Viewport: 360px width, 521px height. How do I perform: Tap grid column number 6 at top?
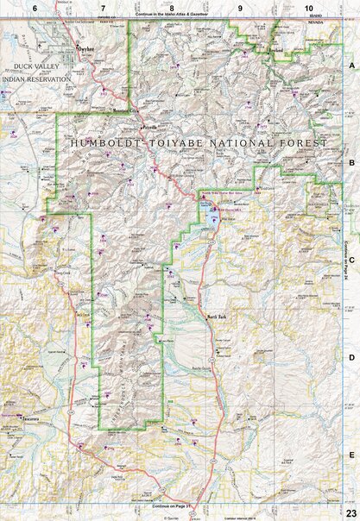[x=35, y=7]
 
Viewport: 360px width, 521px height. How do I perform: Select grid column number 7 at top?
[x=103, y=7]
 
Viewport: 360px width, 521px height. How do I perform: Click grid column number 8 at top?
[x=172, y=7]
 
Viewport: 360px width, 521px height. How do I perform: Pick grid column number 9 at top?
[x=240, y=7]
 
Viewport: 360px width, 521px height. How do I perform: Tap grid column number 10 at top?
[x=307, y=7]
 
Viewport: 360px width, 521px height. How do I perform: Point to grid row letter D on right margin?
[x=351, y=355]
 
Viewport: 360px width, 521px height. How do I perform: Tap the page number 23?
[x=350, y=514]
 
